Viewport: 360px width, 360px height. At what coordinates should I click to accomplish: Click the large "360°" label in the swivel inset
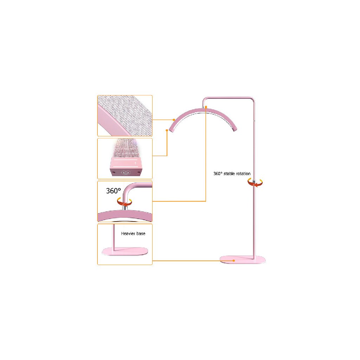click(x=114, y=191)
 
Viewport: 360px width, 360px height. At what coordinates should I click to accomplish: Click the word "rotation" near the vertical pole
click(x=244, y=174)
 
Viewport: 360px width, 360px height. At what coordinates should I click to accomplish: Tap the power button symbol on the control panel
click(x=125, y=173)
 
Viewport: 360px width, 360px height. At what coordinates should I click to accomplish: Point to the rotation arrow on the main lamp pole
click(x=255, y=182)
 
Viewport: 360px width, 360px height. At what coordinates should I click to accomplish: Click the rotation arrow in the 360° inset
click(x=124, y=201)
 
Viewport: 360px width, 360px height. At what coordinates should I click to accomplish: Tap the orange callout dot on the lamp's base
click(x=234, y=261)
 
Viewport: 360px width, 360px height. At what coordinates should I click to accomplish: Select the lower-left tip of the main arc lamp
click(x=171, y=130)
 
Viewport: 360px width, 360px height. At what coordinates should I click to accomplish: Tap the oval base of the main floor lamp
click(x=243, y=260)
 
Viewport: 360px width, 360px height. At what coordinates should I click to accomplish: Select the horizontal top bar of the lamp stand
click(x=229, y=97)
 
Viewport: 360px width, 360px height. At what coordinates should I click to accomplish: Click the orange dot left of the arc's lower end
click(x=167, y=130)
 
